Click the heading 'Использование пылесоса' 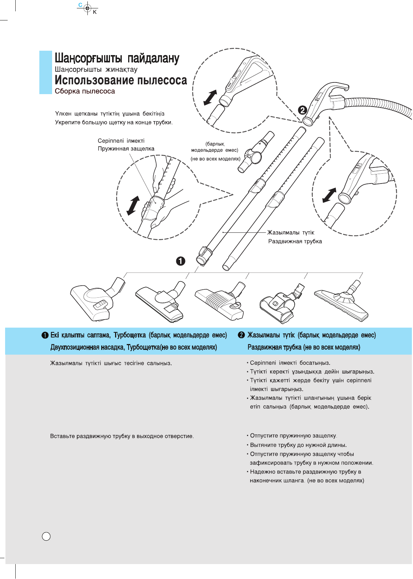[x=121, y=80]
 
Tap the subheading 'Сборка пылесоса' [x=85, y=91]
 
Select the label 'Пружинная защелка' [x=126, y=149]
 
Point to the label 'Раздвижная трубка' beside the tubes [x=295, y=242]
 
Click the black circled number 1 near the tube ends [x=181, y=261]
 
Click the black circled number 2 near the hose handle [x=303, y=109]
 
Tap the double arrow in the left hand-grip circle [x=133, y=205]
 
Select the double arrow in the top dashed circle [x=210, y=98]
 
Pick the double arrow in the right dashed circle [x=329, y=195]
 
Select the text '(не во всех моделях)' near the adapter [x=216, y=159]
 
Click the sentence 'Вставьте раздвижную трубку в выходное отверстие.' [x=122, y=436]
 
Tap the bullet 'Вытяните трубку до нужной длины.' [x=298, y=445]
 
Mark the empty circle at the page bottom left [x=46, y=536]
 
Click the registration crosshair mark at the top [x=87, y=8]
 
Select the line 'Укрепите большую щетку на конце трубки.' [x=114, y=123]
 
